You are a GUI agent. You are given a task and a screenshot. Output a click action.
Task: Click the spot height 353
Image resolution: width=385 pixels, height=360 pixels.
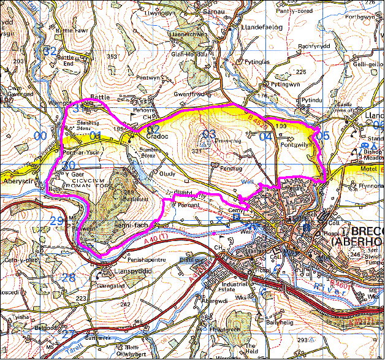112,56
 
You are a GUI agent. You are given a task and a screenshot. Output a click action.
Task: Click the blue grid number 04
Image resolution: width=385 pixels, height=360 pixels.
265,137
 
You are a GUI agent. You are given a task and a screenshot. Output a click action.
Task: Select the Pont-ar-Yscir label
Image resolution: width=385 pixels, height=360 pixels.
83,151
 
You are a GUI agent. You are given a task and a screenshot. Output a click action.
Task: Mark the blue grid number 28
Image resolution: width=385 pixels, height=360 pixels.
68,277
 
